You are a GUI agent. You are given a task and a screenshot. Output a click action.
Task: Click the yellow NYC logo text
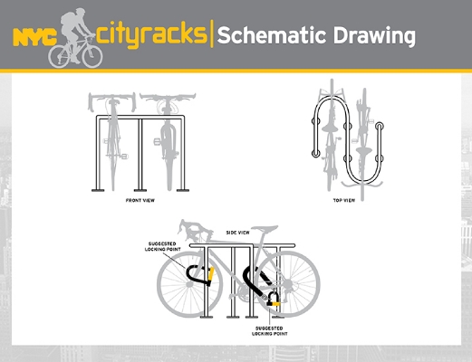(x=35, y=37)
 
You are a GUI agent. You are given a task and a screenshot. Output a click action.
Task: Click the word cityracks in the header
(x=152, y=34)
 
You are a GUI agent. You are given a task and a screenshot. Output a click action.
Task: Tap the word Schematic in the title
(x=272, y=35)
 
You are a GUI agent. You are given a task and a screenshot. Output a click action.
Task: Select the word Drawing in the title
(x=374, y=36)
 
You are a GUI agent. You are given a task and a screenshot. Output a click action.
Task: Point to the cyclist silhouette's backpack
(x=68, y=19)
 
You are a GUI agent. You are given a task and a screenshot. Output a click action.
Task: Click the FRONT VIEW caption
(x=140, y=200)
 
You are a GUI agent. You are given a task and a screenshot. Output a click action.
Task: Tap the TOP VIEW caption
(x=344, y=200)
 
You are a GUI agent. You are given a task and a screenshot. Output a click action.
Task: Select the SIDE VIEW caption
(x=238, y=233)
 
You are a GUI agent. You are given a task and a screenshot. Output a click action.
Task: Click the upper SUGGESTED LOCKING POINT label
(x=163, y=246)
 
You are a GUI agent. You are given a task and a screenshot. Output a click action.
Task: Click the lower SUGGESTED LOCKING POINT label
(x=270, y=331)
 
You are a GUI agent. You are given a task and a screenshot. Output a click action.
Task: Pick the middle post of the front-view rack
(x=140, y=154)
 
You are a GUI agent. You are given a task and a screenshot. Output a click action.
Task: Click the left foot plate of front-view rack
(x=98, y=190)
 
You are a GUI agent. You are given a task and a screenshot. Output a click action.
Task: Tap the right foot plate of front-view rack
(x=183, y=190)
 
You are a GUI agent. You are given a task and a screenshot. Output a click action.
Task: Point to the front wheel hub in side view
(x=189, y=284)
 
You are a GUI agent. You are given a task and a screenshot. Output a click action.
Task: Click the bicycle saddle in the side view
(x=265, y=228)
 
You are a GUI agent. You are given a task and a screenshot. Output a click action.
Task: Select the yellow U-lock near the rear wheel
(x=274, y=299)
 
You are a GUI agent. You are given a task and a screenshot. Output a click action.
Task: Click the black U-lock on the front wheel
(x=199, y=275)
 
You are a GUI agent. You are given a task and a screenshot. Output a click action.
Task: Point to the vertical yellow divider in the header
(x=212, y=33)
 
